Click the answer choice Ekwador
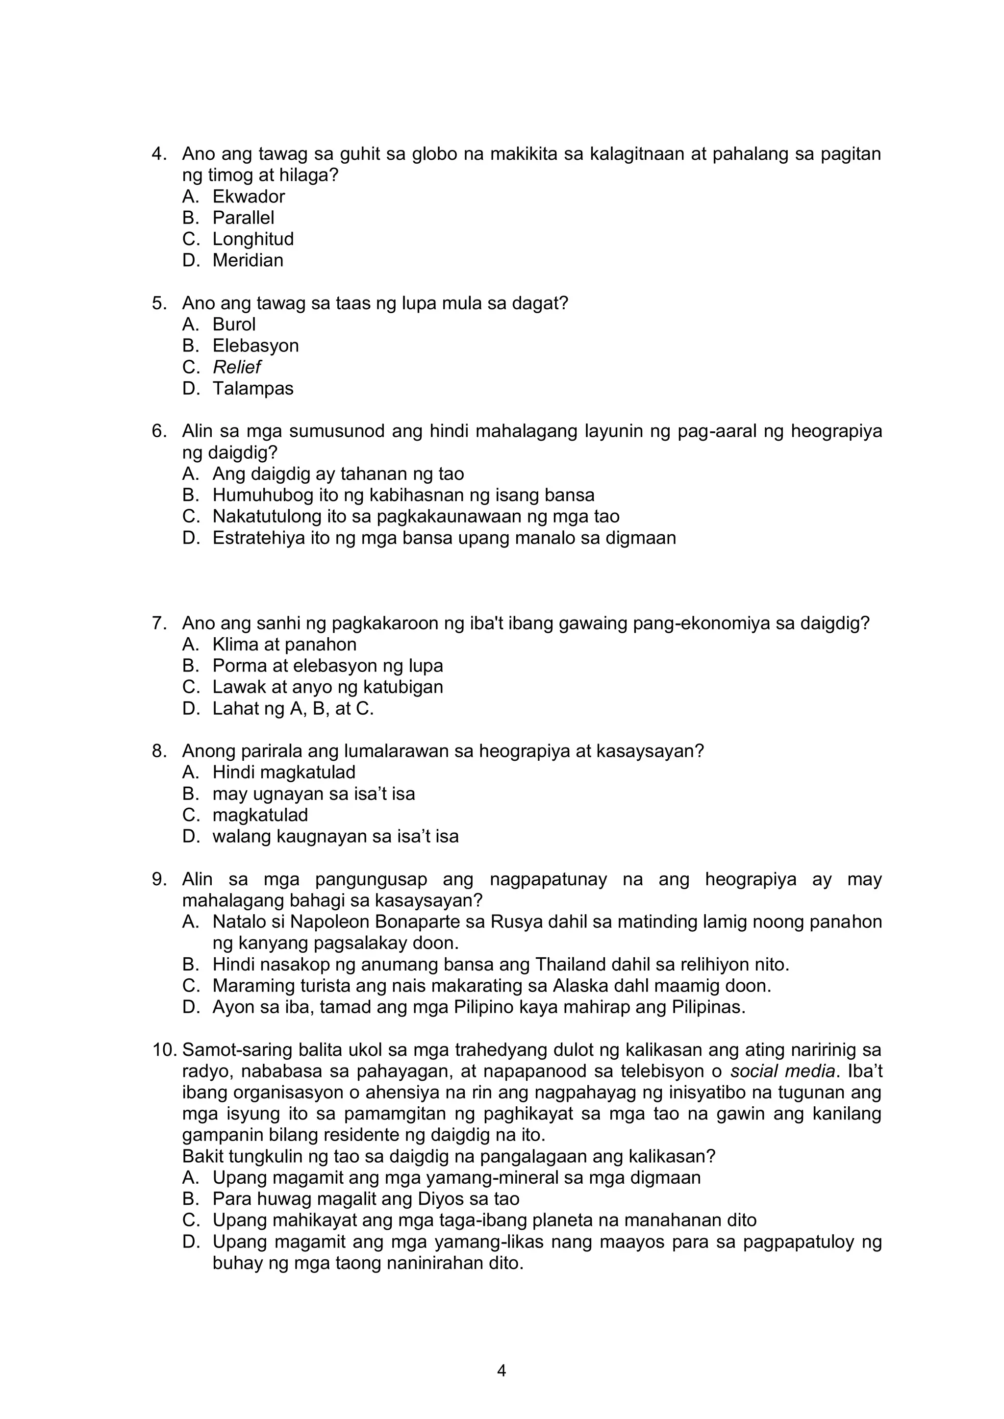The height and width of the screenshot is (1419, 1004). (249, 197)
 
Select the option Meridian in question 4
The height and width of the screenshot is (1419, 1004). (248, 260)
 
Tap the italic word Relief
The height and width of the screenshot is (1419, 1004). (237, 367)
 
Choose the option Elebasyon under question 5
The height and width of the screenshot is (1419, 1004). (255, 346)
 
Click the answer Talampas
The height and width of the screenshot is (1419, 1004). (253, 389)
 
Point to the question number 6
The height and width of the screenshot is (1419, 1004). (159, 431)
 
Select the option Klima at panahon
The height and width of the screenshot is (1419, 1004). (284, 645)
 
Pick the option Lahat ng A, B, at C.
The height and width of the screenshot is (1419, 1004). (293, 708)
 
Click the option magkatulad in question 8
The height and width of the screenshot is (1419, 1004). (260, 815)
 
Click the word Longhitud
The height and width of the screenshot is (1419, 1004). (253, 239)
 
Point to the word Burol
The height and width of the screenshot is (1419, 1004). (234, 324)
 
